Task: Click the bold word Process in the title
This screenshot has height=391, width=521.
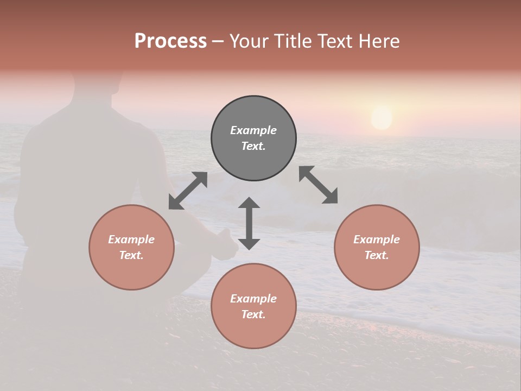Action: (x=170, y=41)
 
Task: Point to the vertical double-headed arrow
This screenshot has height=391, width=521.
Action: (x=249, y=223)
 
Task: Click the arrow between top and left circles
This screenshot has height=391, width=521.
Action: (x=188, y=191)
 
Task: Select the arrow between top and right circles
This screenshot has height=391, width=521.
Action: (x=319, y=185)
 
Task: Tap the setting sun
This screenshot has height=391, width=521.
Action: (x=382, y=118)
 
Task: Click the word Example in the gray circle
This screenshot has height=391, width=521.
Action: (x=253, y=130)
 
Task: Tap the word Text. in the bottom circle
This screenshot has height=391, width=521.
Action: (x=253, y=314)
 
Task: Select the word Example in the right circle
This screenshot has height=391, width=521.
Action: (x=377, y=239)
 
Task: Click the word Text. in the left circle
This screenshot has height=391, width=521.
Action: (x=131, y=255)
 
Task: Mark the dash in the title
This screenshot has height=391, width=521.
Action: (x=218, y=41)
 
